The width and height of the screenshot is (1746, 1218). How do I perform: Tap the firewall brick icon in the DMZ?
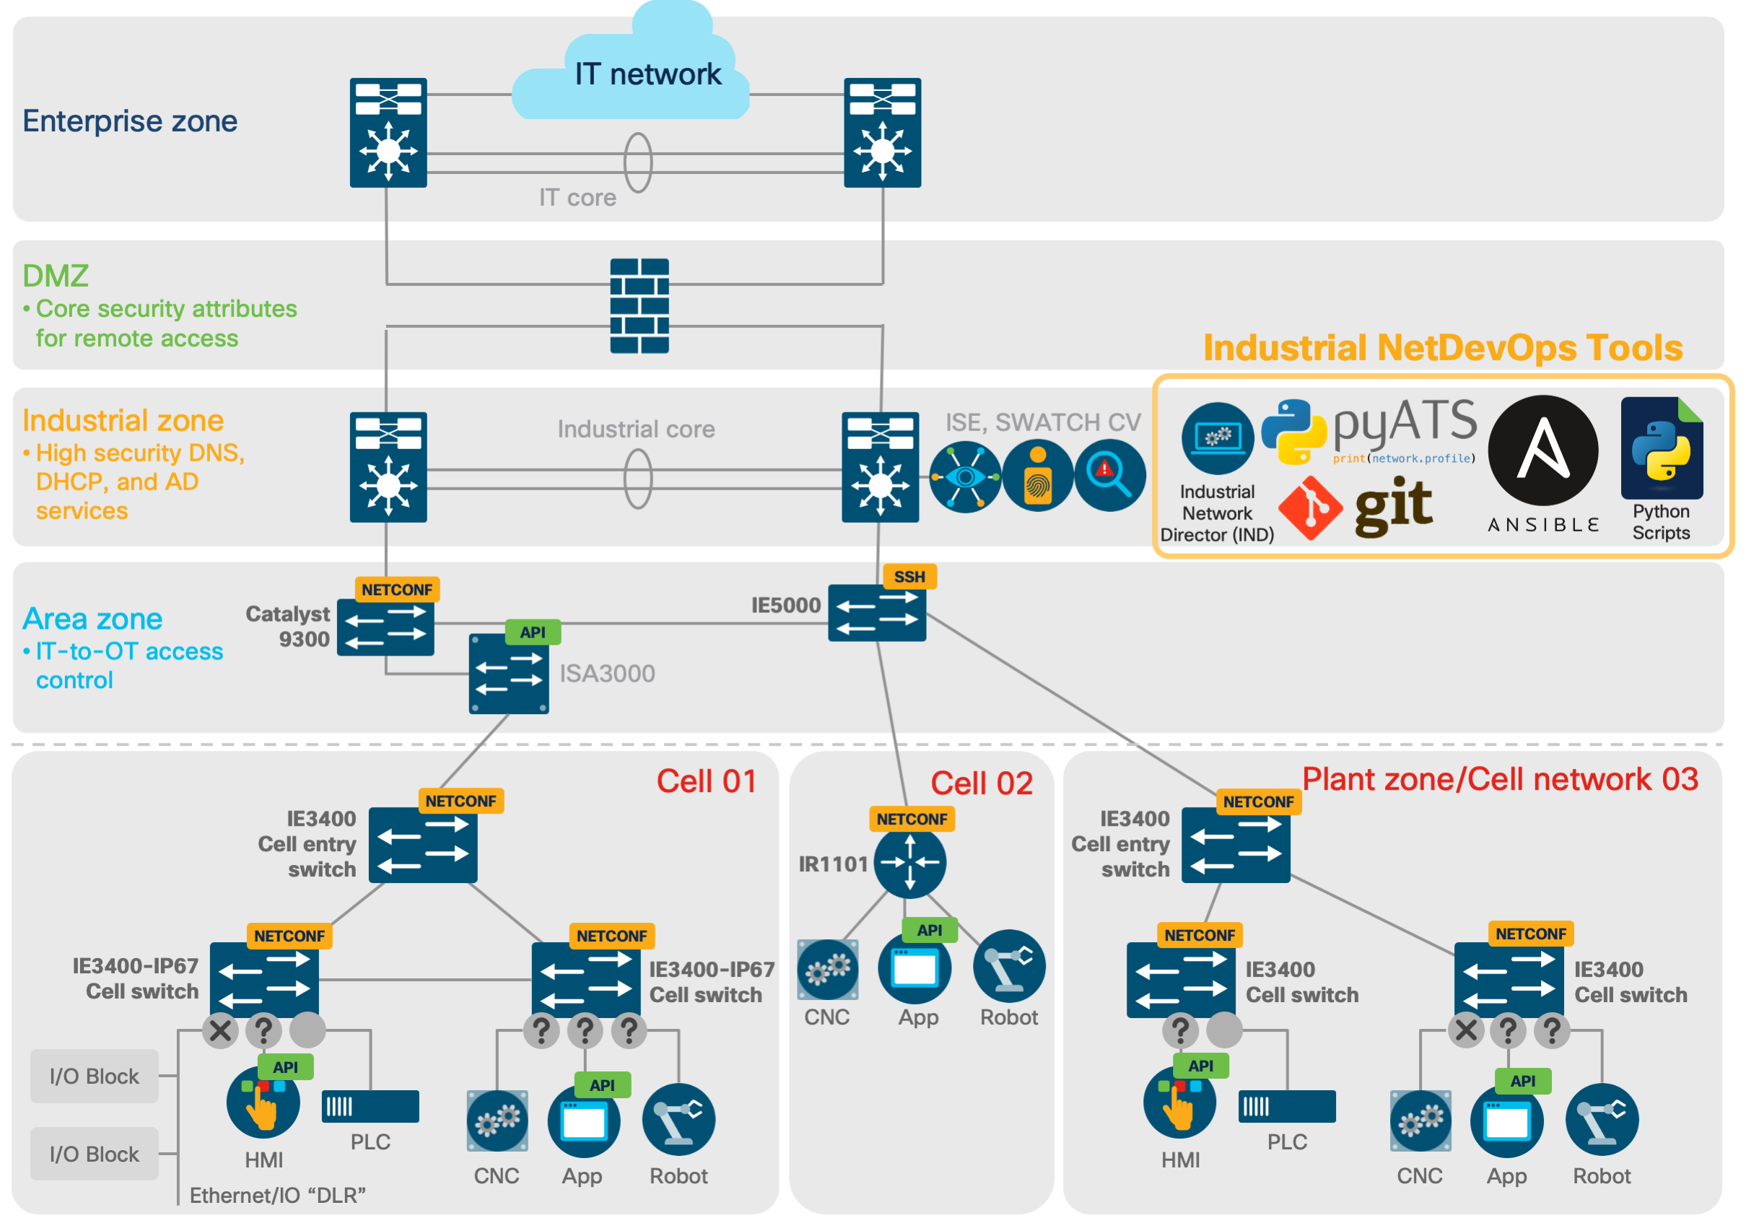pyautogui.click(x=640, y=306)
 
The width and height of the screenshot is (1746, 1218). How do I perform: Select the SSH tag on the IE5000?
pyautogui.click(x=909, y=577)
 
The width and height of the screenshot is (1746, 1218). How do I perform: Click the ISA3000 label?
pyautogui.click(x=607, y=674)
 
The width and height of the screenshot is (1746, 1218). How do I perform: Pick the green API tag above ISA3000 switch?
pyautogui.click(x=533, y=632)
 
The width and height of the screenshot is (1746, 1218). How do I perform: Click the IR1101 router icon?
pyautogui.click(x=909, y=863)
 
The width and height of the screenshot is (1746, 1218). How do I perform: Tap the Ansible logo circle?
pyautogui.click(x=1543, y=451)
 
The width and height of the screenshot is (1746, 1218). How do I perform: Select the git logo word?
pyautogui.click(x=1393, y=507)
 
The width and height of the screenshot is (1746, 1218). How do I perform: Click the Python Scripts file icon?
pyautogui.click(x=1662, y=448)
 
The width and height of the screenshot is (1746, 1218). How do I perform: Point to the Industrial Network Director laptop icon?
pyautogui.click(x=1218, y=438)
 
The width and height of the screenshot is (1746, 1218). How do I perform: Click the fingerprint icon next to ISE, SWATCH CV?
pyautogui.click(x=1037, y=478)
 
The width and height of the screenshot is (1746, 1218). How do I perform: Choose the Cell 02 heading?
pyautogui.click(x=981, y=783)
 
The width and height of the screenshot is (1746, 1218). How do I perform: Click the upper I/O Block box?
pyautogui.click(x=95, y=1076)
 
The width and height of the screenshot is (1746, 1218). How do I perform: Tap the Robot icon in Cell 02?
pyautogui.click(x=1009, y=966)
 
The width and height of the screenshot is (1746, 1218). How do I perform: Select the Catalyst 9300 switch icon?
pyautogui.click(x=385, y=627)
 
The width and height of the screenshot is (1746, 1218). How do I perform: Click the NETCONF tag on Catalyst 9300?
pyautogui.click(x=397, y=590)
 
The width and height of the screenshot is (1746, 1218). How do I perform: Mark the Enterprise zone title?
pyautogui.click(x=130, y=121)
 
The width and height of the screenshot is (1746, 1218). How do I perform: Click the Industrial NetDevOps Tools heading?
pyautogui.click(x=1443, y=348)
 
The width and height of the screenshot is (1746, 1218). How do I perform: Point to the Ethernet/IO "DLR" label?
pyautogui.click(x=278, y=1196)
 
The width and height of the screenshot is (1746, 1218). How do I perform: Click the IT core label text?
pyautogui.click(x=577, y=198)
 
